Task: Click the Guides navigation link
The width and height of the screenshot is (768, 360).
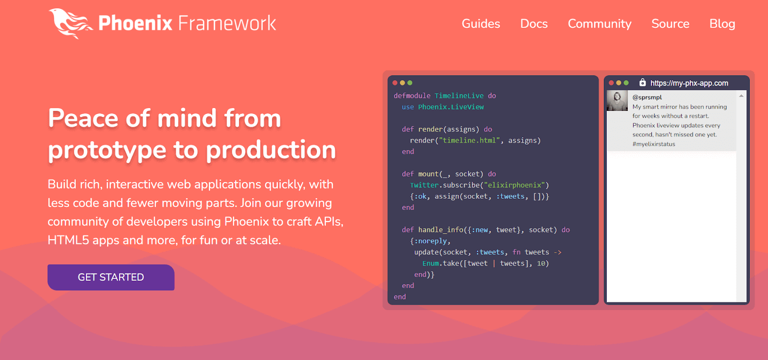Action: (480, 24)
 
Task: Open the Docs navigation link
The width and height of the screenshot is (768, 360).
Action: (534, 24)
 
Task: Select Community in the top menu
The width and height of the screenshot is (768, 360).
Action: (600, 24)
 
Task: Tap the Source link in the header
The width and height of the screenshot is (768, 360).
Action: (670, 24)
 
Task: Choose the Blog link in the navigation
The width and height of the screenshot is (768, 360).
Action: (722, 24)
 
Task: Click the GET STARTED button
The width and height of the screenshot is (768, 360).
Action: (111, 277)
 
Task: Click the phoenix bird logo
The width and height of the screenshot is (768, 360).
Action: (70, 24)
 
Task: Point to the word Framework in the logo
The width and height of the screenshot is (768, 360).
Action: (227, 24)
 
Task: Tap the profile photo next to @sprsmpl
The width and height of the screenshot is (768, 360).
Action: (617, 100)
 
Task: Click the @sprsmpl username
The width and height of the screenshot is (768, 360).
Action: (647, 97)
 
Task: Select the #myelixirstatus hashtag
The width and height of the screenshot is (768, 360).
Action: (654, 144)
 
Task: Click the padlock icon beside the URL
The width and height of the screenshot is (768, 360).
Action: (643, 83)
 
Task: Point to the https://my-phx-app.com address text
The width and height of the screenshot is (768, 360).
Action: (689, 83)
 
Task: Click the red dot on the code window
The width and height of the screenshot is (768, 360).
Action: (395, 83)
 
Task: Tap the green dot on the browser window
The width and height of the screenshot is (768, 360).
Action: (626, 83)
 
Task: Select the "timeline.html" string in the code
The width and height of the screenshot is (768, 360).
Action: (469, 140)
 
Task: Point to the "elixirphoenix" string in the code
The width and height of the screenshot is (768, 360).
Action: (514, 185)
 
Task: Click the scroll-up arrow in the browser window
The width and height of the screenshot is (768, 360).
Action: (741, 96)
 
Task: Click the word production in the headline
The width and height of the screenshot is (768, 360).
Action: (271, 150)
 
